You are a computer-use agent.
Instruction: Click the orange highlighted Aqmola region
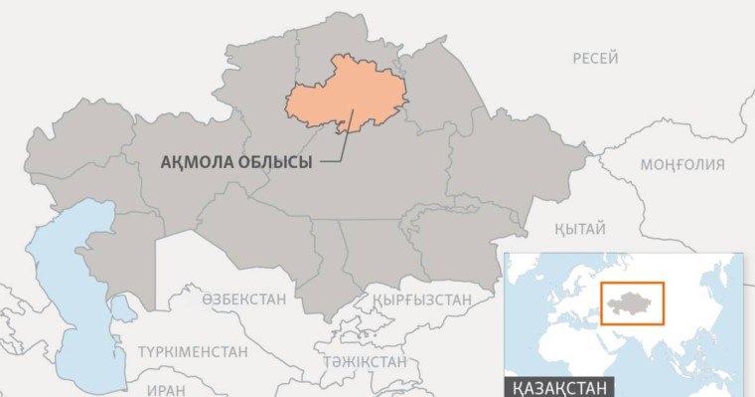(x=343, y=95)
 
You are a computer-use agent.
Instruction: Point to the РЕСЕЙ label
(x=595, y=59)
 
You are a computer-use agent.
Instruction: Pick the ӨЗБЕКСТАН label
(x=243, y=298)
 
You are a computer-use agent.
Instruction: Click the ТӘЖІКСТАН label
(x=364, y=360)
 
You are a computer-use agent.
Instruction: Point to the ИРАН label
(x=166, y=390)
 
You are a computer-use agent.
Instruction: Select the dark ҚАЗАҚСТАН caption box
(x=560, y=386)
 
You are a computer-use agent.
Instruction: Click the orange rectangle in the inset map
(x=632, y=302)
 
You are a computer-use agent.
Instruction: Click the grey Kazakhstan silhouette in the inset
(x=631, y=301)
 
